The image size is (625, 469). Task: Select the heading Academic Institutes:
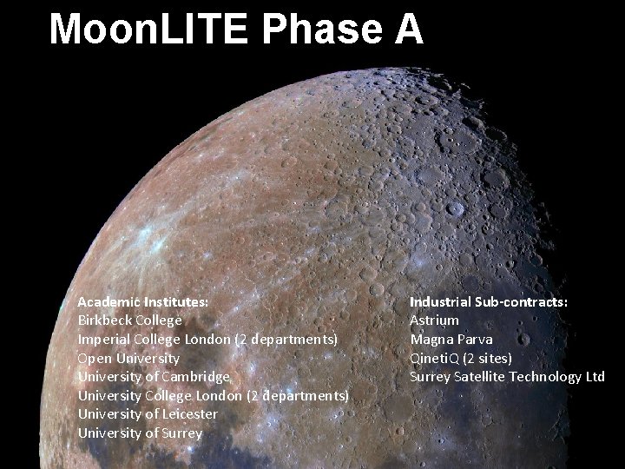coord(142,301)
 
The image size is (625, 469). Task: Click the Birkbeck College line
coord(129,320)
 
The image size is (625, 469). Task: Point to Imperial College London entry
coord(154,339)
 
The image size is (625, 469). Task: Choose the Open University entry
coord(128,358)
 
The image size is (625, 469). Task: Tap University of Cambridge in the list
coord(155,377)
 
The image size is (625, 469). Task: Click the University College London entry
coord(160,396)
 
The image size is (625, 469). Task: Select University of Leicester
coord(148,414)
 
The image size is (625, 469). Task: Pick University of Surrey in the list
coord(140,433)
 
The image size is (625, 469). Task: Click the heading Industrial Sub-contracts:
coord(489,301)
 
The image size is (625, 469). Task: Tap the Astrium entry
coord(434,320)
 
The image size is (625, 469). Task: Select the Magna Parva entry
coord(451,339)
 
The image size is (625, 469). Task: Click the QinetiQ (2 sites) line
coord(460,358)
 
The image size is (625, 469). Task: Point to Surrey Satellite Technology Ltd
coord(507,377)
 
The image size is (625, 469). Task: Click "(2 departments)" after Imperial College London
coord(286,339)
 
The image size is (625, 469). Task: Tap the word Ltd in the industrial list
coord(595,377)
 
